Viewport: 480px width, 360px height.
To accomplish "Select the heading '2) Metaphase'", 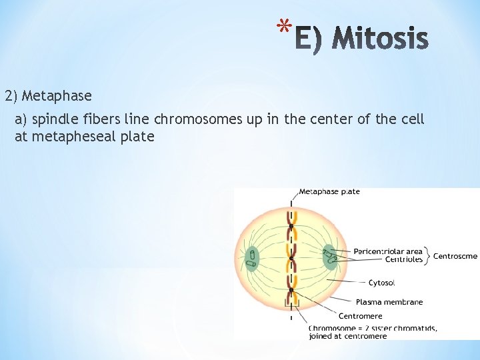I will tap(48, 96).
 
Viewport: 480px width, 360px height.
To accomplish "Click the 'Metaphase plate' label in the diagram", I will tap(329, 191).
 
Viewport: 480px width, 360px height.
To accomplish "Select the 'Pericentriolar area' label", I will tap(387, 251).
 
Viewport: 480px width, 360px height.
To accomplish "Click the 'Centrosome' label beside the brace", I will tap(455, 255).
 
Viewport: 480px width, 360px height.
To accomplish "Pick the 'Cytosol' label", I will tap(381, 283).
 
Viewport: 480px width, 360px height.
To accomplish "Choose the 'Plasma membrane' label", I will tap(389, 302).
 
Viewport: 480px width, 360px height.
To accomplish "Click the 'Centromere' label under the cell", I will tap(360, 316).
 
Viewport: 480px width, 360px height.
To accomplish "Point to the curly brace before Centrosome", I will tap(428, 255).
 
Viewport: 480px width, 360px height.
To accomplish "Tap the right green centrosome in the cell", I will tap(329, 257).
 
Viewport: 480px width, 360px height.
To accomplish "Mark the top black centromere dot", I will tap(291, 227).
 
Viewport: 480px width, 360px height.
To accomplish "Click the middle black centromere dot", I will tap(291, 258).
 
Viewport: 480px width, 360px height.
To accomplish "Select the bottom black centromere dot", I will tap(291, 290).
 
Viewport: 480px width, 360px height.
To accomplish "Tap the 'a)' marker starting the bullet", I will tap(21, 120).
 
